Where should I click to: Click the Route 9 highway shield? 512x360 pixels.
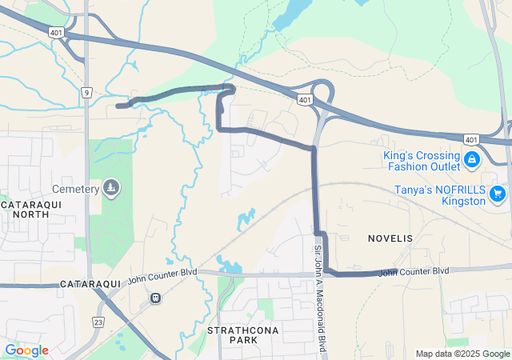click(86, 93)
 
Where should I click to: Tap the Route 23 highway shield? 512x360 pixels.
click(98, 322)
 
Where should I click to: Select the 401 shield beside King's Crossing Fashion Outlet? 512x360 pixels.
click(471, 139)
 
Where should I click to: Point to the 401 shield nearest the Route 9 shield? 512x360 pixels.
click(55, 32)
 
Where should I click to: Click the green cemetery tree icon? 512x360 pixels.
click(110, 188)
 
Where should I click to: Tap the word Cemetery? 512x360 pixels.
click(75, 189)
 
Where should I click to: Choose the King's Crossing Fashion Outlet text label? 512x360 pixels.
click(422, 161)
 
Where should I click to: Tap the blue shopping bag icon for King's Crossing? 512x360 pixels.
click(472, 160)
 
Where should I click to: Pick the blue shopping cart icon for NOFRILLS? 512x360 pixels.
click(498, 193)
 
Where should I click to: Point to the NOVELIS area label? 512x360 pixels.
click(390, 238)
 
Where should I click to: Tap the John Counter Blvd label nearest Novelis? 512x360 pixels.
click(414, 272)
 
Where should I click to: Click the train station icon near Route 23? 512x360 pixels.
click(154, 298)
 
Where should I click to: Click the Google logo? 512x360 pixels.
click(26, 350)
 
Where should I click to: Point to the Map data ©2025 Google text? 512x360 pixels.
click(462, 354)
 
